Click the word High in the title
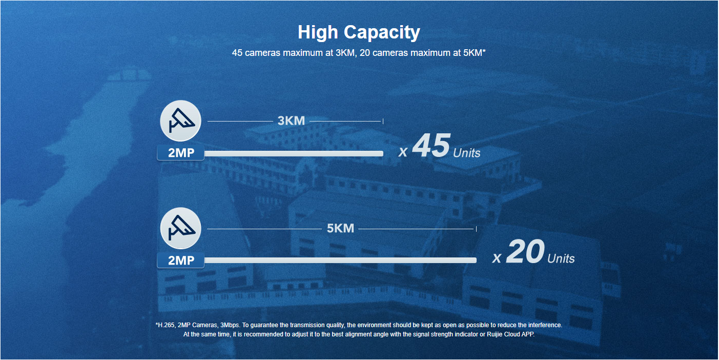[318, 32]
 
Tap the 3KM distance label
[291, 121]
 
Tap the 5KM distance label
[340, 228]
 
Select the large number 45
[431, 146]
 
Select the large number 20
[525, 251]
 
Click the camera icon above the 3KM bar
[181, 121]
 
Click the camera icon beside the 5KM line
[181, 228]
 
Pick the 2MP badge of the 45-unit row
[181, 152]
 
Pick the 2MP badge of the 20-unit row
[181, 260]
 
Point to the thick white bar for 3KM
[294, 153]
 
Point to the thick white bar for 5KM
[340, 260]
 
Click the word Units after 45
[467, 153]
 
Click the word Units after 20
[561, 258]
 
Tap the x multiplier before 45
[403, 152]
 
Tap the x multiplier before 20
[497, 258]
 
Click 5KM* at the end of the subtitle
[475, 53]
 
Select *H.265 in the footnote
[166, 325]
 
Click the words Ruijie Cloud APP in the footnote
[510, 334]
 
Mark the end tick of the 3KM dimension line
[383, 121]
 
